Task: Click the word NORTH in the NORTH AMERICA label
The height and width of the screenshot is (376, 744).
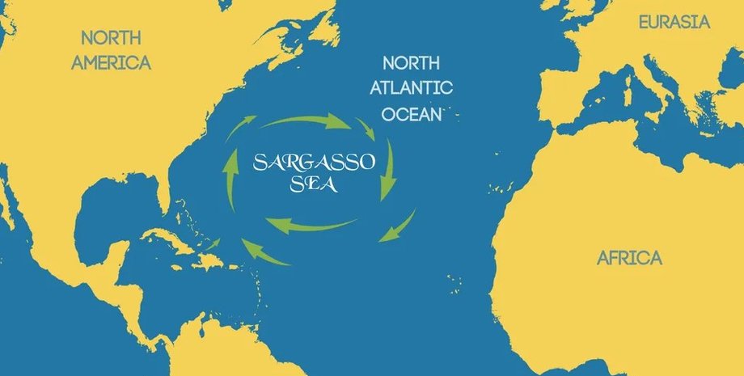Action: click(112, 37)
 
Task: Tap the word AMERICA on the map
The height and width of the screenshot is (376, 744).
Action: click(111, 62)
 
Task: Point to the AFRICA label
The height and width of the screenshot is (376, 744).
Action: click(629, 258)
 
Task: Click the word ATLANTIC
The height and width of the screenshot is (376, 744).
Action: click(418, 88)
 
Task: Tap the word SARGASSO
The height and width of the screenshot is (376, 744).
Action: click(314, 161)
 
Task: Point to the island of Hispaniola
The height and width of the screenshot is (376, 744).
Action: click(212, 258)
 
